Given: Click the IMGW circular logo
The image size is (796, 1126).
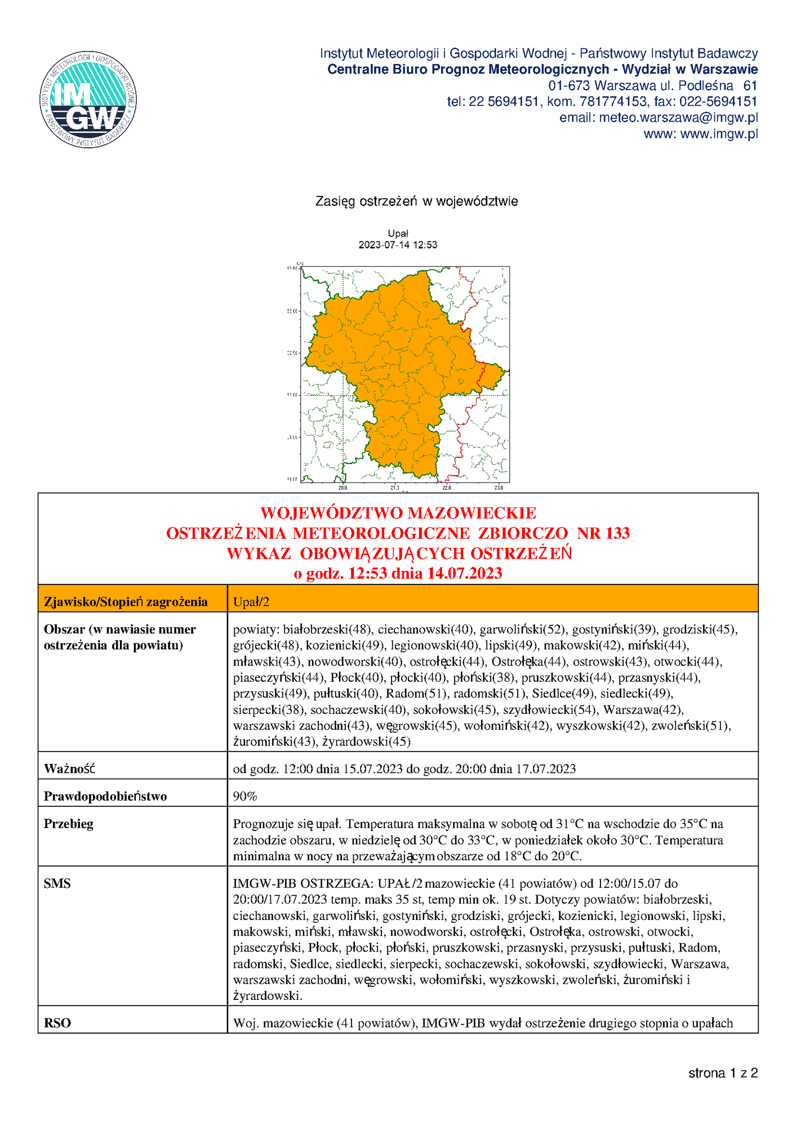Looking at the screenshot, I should (88, 100).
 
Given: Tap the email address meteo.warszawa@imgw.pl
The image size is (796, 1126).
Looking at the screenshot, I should (678, 118).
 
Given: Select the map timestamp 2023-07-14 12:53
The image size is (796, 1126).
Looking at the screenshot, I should (398, 245).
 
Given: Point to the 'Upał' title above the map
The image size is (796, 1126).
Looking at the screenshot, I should (398, 233).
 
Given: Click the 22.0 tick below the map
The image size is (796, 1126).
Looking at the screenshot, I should (447, 488).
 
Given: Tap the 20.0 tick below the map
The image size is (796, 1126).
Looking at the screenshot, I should (343, 488).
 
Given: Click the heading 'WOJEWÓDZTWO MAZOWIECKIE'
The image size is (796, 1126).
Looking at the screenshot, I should (398, 513).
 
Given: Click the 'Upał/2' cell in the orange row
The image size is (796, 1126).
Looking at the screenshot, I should (251, 602).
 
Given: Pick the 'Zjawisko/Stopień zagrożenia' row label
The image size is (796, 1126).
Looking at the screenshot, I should (126, 602).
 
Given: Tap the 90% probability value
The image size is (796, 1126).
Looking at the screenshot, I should (245, 796).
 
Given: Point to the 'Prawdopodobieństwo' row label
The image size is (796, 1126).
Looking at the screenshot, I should (105, 796).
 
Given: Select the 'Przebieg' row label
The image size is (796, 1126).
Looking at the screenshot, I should (69, 824).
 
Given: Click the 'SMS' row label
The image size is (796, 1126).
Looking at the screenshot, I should (57, 883).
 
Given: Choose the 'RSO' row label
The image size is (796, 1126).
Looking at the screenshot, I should (57, 1023).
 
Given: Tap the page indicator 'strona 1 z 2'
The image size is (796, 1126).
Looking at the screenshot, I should (723, 1073).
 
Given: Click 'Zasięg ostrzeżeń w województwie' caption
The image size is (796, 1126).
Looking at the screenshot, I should (416, 201).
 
